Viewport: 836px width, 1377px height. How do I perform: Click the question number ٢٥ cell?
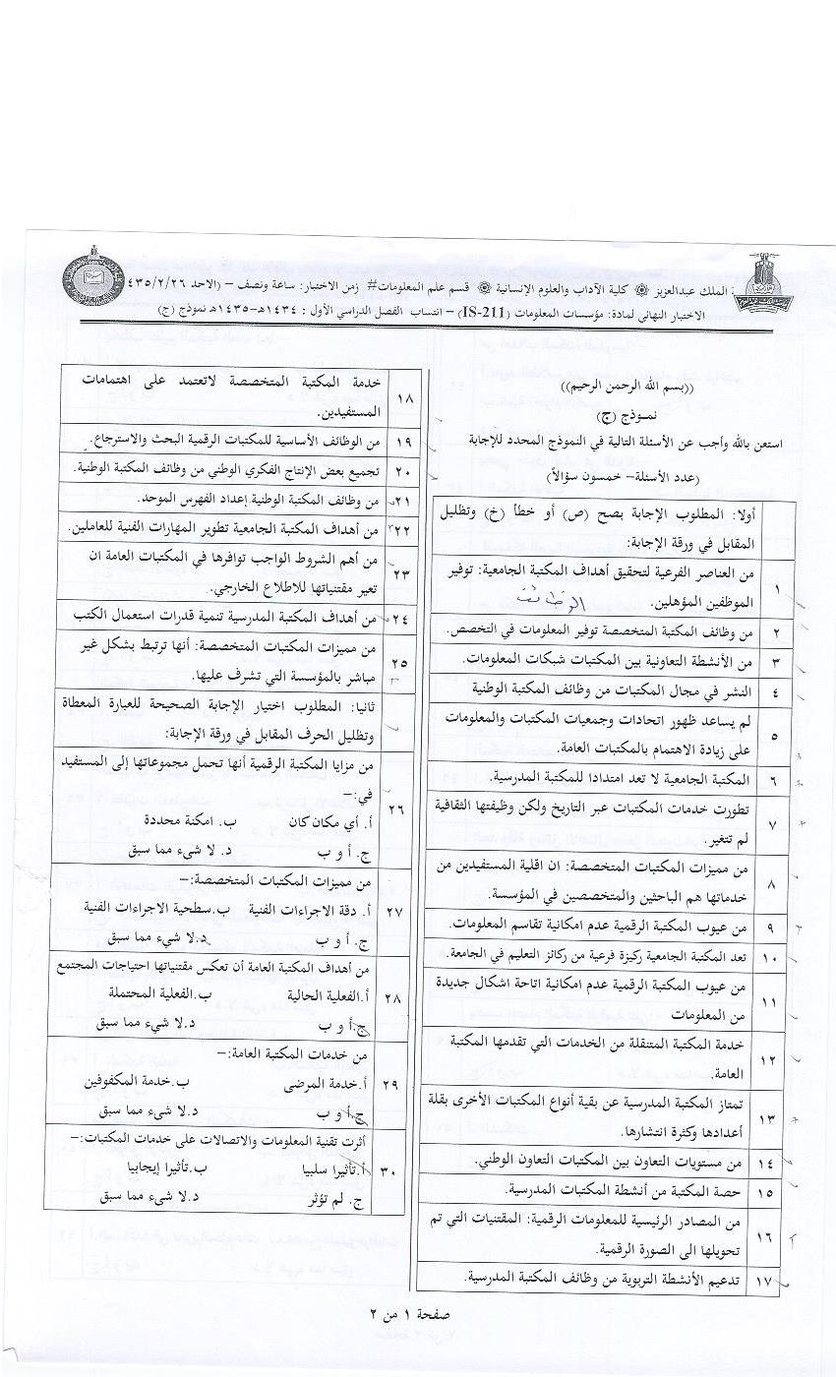pos(403,663)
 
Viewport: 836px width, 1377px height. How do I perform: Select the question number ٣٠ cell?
pos(393,1172)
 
